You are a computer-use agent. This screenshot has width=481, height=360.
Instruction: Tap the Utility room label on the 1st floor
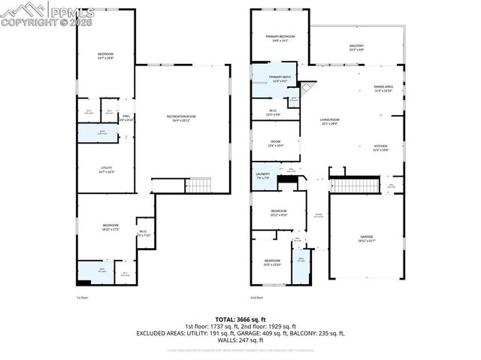click(x=106, y=170)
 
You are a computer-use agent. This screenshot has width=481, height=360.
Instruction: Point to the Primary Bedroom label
click(x=280, y=38)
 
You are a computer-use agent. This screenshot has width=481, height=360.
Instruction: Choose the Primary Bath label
click(x=280, y=80)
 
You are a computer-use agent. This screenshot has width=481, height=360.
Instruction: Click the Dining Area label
click(x=384, y=89)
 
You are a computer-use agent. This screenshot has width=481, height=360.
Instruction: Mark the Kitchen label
click(x=381, y=147)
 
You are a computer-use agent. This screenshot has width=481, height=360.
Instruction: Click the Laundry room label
click(x=262, y=176)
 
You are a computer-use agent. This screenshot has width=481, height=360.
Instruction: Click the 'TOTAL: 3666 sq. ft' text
click(x=240, y=319)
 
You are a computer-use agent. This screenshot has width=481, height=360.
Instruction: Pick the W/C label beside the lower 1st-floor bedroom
click(x=143, y=233)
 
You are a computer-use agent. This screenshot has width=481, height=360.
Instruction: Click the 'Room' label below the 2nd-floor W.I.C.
click(x=276, y=143)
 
